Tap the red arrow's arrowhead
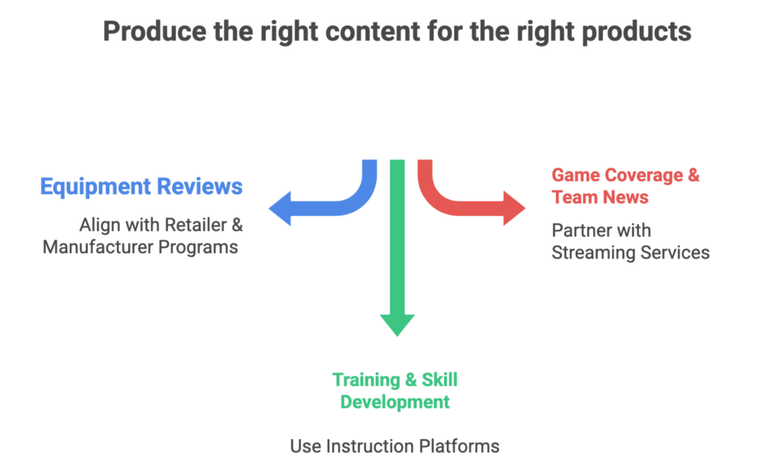click(x=514, y=208)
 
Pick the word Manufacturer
click(x=97, y=246)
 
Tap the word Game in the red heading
click(x=573, y=175)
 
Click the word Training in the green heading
click(x=363, y=380)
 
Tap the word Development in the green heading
click(x=394, y=402)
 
